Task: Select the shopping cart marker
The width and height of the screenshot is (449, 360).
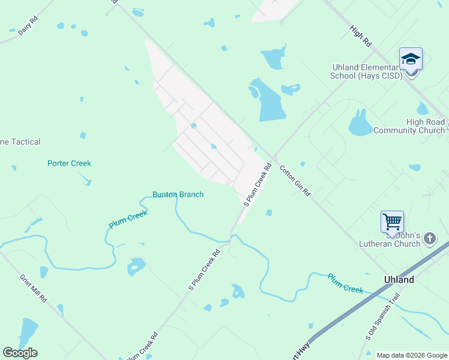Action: point(392,222)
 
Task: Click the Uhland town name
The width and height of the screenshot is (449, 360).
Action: point(399,280)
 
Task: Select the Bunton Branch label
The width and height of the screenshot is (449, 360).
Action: point(178,194)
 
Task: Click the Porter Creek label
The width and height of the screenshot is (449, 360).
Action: point(69,163)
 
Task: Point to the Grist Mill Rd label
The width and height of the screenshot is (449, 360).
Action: point(34,288)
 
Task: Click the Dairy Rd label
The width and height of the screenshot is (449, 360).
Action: point(28,26)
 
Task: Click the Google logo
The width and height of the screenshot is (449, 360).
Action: point(20,353)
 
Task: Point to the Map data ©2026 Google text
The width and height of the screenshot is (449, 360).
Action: point(411,355)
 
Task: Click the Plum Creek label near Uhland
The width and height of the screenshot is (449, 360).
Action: point(345,283)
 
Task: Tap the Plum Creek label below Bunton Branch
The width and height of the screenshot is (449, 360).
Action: point(128,220)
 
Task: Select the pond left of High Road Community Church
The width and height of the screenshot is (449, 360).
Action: point(361,124)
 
